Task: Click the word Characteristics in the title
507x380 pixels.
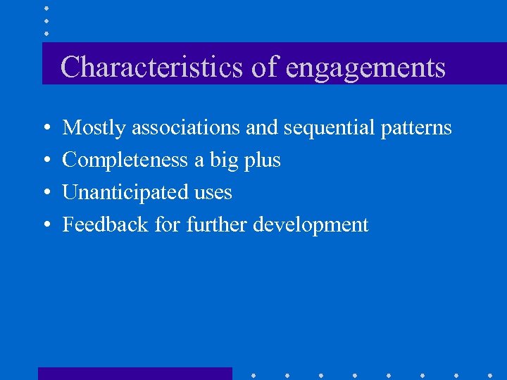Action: [151, 68]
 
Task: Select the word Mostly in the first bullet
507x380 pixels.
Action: [94, 128]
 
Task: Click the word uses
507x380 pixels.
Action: [213, 193]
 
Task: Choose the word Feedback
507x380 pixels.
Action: [96, 224]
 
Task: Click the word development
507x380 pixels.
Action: [311, 225]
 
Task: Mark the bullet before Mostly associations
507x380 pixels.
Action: [45, 129]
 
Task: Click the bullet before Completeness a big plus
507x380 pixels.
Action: [45, 161]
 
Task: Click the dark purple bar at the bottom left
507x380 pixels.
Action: [134, 374]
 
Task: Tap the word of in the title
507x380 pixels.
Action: [263, 68]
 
